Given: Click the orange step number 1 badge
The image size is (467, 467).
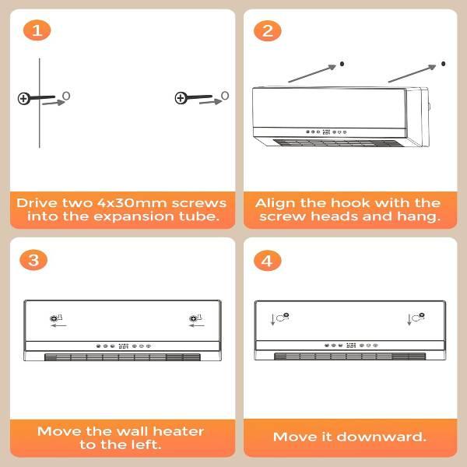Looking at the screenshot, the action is tap(37, 30).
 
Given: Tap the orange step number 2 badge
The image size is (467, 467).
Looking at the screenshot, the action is tap(268, 30).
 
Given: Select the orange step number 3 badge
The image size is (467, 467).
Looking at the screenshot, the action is tap(33, 260).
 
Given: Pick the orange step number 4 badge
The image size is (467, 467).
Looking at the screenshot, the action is tap(268, 260).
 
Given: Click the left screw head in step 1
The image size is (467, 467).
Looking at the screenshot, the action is tap(23, 99).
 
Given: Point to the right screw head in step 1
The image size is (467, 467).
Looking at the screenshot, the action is tap(181, 98).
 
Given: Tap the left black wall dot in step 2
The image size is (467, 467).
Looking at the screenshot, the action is tap(342, 64).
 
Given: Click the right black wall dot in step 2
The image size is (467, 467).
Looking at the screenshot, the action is tap(443, 64).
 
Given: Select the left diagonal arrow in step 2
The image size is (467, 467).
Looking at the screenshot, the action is tap(312, 74).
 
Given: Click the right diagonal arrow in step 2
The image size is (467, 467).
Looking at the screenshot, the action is tap(413, 73).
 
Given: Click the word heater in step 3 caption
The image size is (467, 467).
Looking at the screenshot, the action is tap(178, 431).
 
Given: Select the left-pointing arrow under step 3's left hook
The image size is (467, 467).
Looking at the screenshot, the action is tap(58, 325).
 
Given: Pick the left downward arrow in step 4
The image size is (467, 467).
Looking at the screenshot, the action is tap(272, 319).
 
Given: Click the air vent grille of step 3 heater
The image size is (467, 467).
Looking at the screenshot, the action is tap(122, 357).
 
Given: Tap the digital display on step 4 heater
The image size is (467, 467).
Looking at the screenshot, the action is tap(351, 345).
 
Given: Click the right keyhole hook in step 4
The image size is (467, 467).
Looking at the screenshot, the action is tap(418, 318).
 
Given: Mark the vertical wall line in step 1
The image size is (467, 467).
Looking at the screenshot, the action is tap(40, 103).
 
